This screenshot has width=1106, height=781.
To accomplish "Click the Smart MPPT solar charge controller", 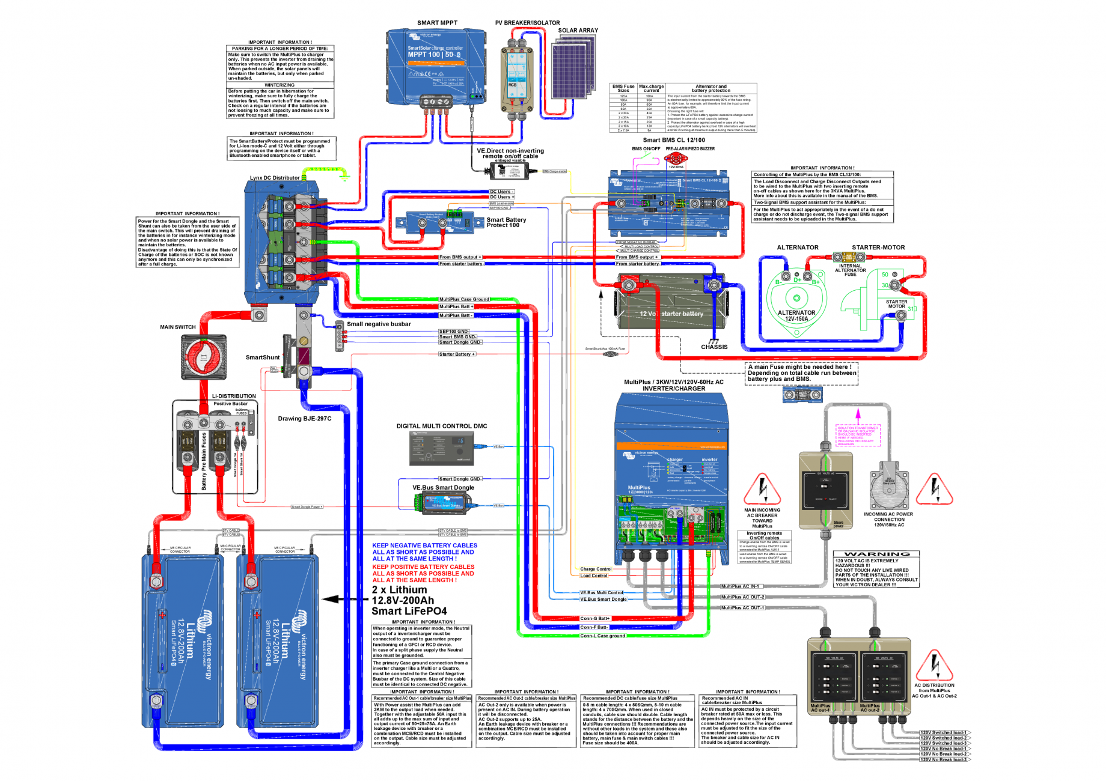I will tap(435, 66).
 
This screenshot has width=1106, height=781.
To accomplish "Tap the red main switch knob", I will tap(204, 357).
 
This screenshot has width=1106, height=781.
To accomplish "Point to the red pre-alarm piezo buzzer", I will tap(676, 159).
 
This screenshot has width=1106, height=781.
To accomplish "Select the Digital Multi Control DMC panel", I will tap(441, 448).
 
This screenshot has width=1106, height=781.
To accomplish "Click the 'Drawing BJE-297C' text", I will tap(304, 419).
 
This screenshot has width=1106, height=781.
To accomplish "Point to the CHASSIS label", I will tap(714, 347).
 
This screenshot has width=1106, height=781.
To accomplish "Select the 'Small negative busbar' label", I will tap(379, 324).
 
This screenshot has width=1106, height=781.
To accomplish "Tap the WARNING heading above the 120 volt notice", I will tap(876, 554).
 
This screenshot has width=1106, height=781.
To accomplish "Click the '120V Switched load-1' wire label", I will tap(944, 733).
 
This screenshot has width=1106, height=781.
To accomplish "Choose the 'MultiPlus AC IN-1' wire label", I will tap(740, 586).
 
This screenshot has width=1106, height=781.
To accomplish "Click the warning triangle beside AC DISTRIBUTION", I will tap(934, 665).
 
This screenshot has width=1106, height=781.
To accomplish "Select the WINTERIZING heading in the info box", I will tap(280, 85).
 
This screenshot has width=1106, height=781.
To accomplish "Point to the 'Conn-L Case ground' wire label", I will tap(602, 636).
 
